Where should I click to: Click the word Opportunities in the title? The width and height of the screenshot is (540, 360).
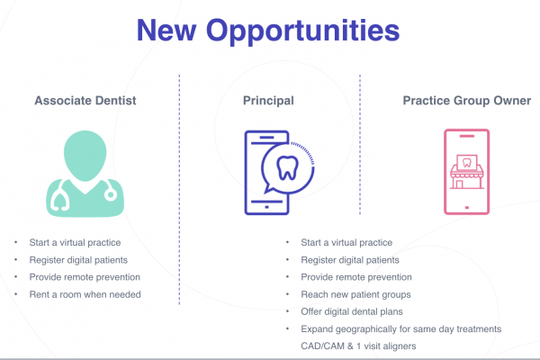[302, 31]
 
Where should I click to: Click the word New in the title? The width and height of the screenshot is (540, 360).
[166, 31]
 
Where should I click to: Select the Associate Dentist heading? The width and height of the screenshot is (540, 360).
[85, 101]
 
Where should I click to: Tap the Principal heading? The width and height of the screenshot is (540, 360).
[268, 101]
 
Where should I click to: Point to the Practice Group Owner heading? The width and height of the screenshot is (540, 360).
[466, 101]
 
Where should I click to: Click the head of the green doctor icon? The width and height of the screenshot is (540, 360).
[85, 156]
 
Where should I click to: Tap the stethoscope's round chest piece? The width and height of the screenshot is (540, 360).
[111, 195]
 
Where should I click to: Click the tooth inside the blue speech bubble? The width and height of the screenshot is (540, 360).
[287, 168]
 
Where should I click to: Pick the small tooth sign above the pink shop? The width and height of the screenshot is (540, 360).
[466, 162]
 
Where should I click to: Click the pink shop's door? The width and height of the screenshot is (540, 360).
[459, 184]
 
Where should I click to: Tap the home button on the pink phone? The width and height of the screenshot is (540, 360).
[467, 207]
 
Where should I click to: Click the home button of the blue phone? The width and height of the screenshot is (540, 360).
[266, 207]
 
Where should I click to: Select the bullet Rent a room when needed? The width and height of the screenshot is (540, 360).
[85, 294]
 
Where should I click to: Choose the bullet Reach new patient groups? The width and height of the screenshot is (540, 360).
[355, 294]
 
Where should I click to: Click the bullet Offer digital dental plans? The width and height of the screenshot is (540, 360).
[352, 311]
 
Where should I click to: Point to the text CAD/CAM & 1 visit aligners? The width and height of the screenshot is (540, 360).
[358, 346]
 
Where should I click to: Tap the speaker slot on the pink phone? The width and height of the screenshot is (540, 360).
[467, 136]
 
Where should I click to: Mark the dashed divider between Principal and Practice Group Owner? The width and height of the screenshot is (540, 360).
[360, 145]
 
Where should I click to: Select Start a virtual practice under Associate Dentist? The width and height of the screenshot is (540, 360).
[75, 242]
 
